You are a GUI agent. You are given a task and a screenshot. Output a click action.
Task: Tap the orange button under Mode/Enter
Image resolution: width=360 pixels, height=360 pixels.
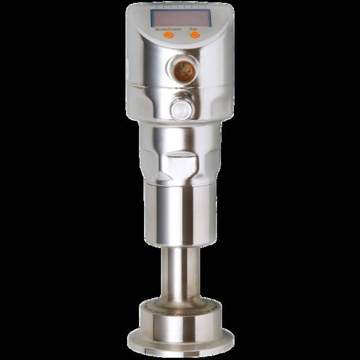coord(168,34)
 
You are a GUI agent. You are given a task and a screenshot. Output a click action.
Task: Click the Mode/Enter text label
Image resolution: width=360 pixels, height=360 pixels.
coord(168,28)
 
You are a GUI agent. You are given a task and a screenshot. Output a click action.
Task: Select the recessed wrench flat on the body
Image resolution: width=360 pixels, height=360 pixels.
coord(180,164)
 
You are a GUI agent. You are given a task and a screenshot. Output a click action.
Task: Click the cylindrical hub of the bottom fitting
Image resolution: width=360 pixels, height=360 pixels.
coord(179,326)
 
